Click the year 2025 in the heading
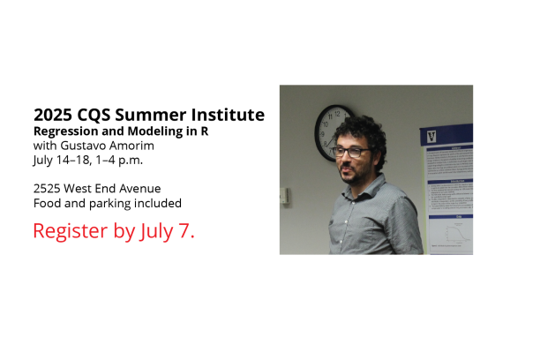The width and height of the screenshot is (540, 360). [53, 115]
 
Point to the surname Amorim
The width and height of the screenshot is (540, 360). [131, 146]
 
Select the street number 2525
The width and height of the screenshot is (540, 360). [47, 189]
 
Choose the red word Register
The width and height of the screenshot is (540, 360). [71, 231]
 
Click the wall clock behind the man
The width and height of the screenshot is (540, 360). [331, 133]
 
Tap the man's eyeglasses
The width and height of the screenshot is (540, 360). [349, 152]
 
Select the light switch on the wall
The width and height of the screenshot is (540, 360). [285, 196]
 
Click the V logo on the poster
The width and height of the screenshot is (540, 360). [431, 137]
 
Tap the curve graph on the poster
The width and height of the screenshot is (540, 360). [454, 234]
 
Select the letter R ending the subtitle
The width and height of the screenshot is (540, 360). [205, 131]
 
